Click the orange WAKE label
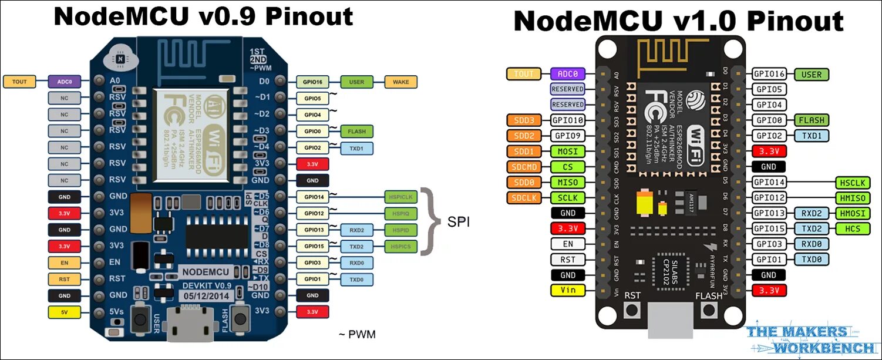(400, 82)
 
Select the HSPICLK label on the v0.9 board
(400, 197)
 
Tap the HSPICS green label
(400, 246)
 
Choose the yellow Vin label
(567, 290)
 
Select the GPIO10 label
(567, 120)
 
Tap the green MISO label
(567, 182)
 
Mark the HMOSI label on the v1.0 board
(850, 213)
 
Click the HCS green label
(850, 228)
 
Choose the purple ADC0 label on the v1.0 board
(567, 73)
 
